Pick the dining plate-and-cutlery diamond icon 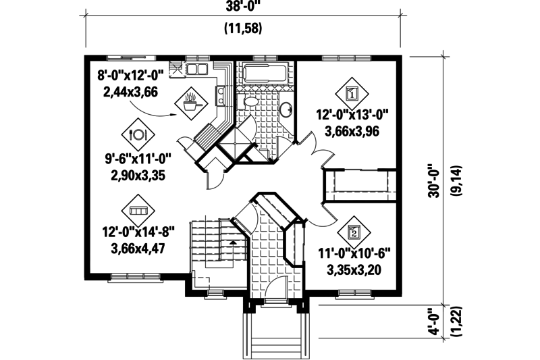(x=139, y=133)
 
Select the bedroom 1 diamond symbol (x=351, y=92)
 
